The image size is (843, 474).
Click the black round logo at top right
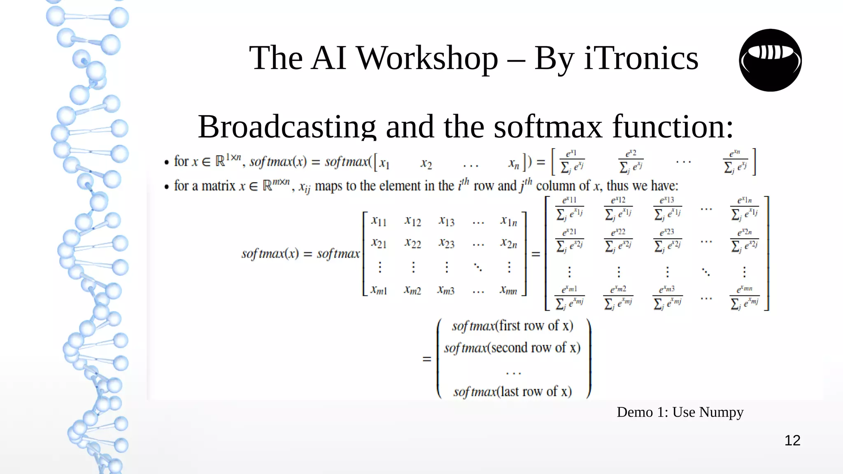[x=770, y=60]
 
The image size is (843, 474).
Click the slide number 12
[x=792, y=441]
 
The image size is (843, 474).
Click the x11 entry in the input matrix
[x=379, y=221]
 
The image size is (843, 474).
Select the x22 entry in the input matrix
[x=412, y=244]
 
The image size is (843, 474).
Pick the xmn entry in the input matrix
[x=508, y=290]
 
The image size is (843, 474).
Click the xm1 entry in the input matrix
[x=379, y=290]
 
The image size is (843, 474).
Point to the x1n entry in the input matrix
[x=509, y=221]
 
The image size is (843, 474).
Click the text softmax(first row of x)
[x=512, y=326]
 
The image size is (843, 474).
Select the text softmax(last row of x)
[x=512, y=391]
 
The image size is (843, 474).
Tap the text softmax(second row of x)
[x=512, y=348]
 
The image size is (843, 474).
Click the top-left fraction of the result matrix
[x=570, y=208]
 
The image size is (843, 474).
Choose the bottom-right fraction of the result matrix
[x=745, y=297]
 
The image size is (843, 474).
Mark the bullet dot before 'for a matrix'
[x=167, y=187]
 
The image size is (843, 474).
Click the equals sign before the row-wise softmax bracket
[x=427, y=359]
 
